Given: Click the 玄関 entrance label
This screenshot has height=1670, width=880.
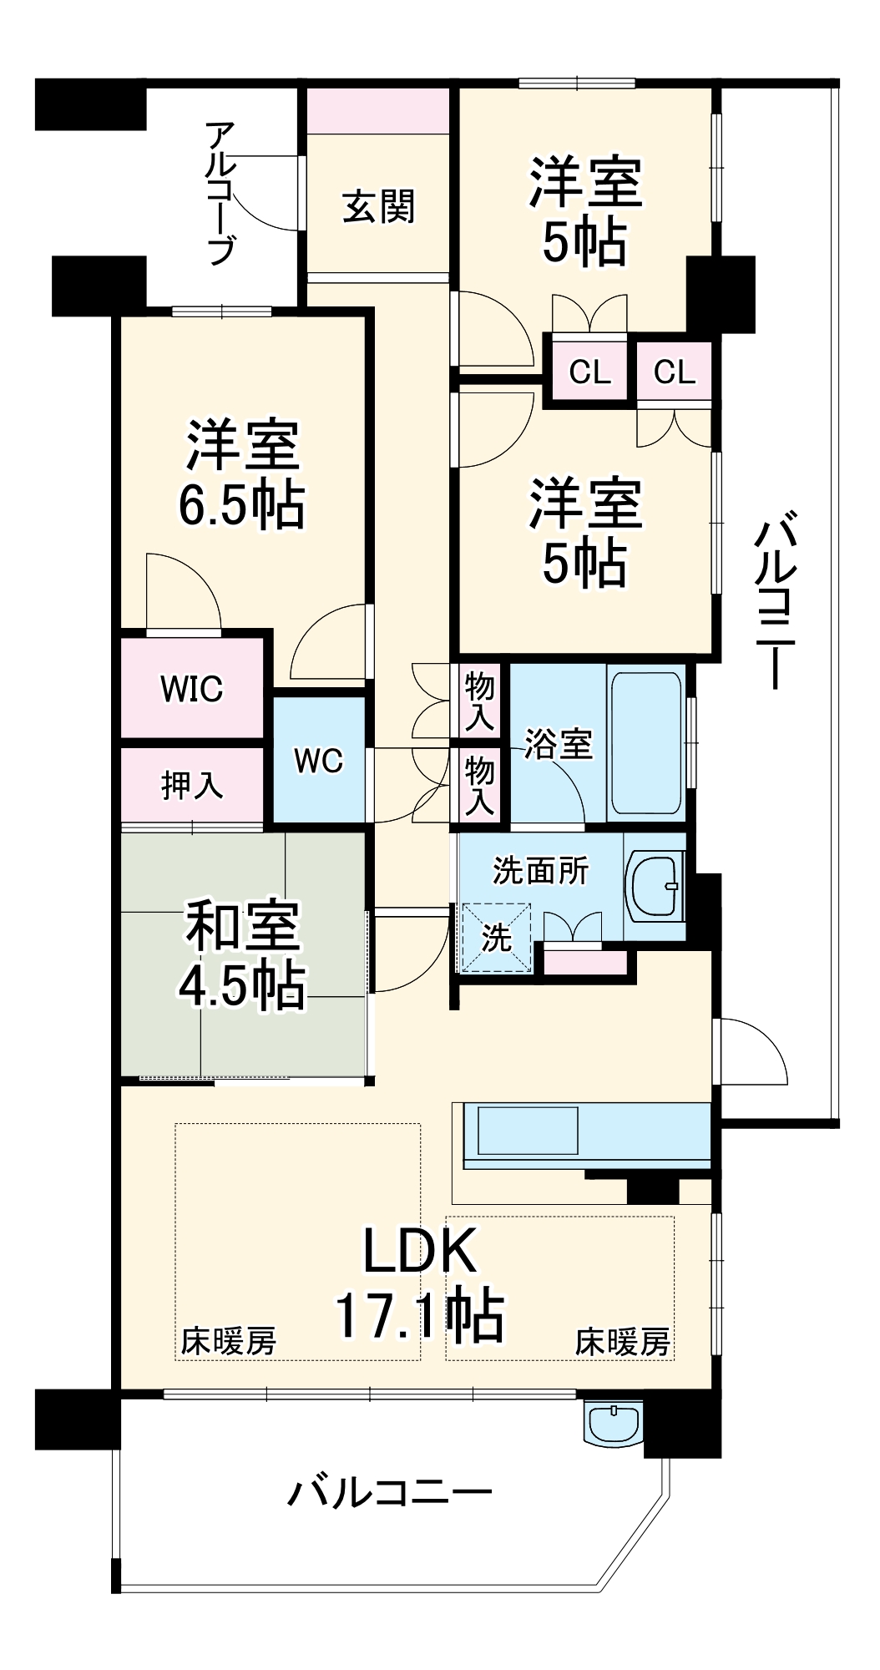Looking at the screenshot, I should click(x=378, y=206).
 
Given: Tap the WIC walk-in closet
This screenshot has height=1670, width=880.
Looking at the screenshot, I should click(x=192, y=688).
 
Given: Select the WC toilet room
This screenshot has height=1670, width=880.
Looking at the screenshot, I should click(x=319, y=761).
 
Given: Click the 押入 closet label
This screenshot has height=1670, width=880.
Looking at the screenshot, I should click(x=192, y=785).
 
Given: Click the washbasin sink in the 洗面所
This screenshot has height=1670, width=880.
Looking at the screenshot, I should click(x=655, y=885).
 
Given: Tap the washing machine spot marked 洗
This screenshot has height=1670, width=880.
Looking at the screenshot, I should click(x=497, y=938).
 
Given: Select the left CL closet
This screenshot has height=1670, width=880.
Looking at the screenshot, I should click(x=589, y=372).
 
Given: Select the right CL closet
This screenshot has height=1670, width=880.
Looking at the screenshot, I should click(x=675, y=372).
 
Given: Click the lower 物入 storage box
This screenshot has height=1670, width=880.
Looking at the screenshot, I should click(x=479, y=785).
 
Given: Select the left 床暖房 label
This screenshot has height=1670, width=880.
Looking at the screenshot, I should click(x=229, y=1342).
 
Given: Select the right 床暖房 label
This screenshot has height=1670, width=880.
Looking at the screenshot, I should click(x=622, y=1342).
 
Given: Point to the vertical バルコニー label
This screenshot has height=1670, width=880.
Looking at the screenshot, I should click(x=776, y=600).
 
